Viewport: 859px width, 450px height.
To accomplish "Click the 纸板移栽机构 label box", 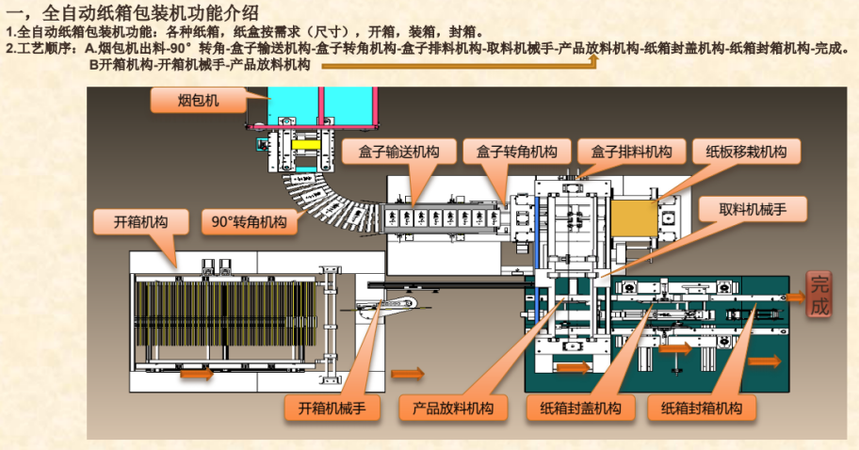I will [746, 152].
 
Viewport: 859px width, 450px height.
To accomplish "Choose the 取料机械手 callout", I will [752, 209].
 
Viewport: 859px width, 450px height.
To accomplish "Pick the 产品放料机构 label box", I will [453, 409].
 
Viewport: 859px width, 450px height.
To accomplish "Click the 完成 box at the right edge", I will [819, 294].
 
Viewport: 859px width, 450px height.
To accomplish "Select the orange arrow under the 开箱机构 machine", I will [197, 374].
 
